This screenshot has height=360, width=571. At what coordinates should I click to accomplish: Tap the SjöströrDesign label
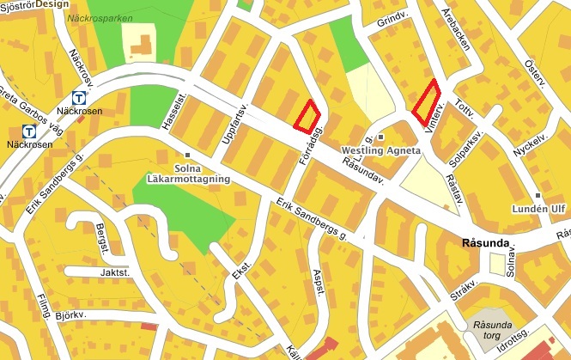(x=34, y=3)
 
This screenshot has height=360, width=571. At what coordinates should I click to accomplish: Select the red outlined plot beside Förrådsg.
(x=307, y=115)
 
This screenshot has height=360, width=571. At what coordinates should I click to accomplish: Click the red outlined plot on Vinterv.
(x=426, y=101)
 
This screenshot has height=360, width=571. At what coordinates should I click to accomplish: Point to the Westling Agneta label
(x=380, y=149)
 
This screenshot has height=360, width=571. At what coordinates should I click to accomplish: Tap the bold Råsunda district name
(x=486, y=243)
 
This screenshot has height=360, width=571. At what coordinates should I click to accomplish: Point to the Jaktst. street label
(x=114, y=272)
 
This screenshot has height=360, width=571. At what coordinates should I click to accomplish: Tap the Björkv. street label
(x=72, y=315)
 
